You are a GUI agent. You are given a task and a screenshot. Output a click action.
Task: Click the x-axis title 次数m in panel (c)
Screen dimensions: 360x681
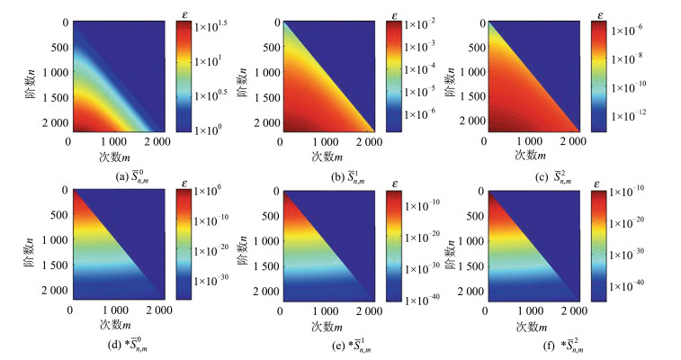(533, 153)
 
